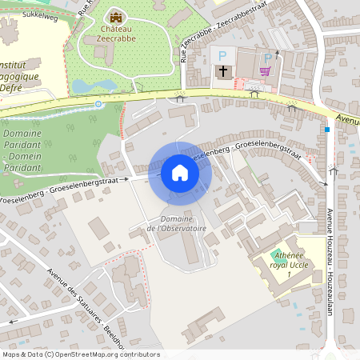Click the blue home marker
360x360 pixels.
pos(180,172)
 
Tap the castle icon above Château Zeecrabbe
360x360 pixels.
pos(116,17)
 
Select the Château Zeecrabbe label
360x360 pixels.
pos(116,33)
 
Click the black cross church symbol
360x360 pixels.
pos(223,71)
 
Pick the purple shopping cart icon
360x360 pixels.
pos(265,71)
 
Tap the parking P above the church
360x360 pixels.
pos(223,55)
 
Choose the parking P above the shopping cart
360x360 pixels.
pos(268,58)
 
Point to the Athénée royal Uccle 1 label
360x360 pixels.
pos(279,265)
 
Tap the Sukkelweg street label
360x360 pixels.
pos(41,14)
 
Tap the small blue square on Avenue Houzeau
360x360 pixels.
pos(327,130)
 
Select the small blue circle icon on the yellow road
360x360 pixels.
pos(98,104)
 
